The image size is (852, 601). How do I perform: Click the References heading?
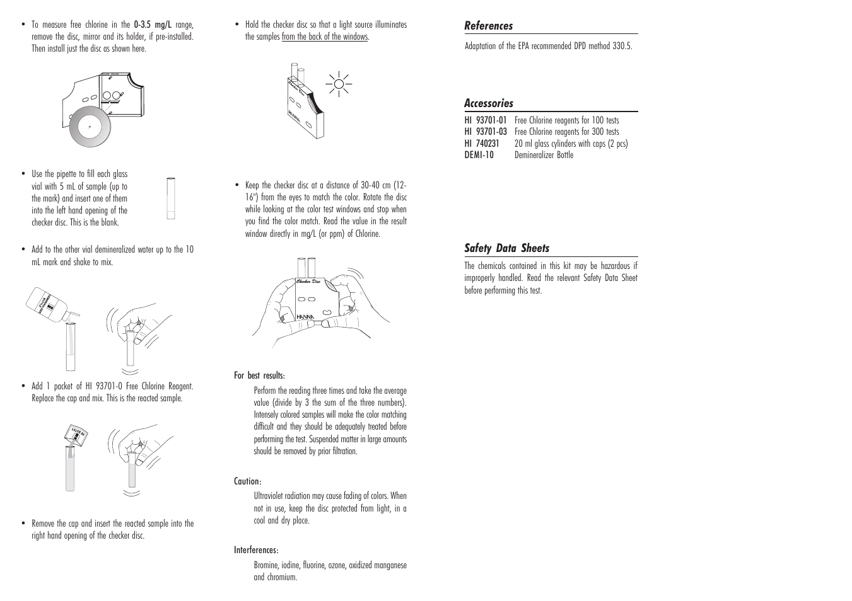tap(489, 26)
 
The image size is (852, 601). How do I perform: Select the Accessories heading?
tap(489, 103)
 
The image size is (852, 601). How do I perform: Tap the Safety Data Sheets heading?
tap(507, 248)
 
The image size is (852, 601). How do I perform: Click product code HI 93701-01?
tap(486, 120)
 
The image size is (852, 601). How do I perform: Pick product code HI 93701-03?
tap(486, 132)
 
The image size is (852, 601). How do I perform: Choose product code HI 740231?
tap(482, 144)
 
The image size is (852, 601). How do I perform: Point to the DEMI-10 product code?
tap(479, 155)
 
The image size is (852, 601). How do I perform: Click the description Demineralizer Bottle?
tap(544, 155)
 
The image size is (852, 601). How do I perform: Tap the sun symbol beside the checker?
tap(339, 84)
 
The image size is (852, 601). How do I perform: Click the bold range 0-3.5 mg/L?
tap(153, 25)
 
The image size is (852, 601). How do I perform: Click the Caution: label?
tap(248, 482)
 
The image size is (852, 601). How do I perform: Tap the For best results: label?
tap(259, 375)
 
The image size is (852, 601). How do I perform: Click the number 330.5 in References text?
tap(622, 46)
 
